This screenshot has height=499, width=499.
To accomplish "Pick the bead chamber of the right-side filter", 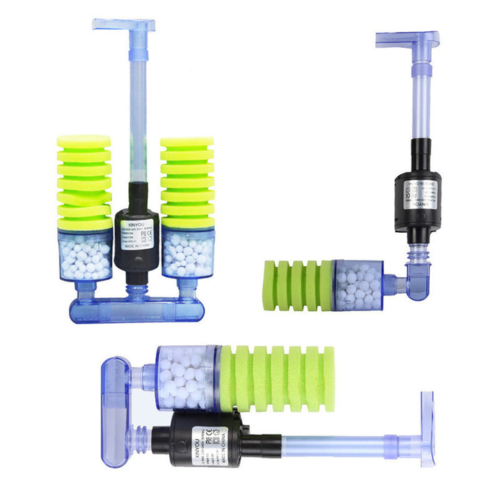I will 358,284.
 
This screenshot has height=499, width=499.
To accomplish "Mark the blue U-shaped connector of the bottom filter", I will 117,409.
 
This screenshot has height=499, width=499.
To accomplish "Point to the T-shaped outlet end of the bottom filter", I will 426,429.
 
